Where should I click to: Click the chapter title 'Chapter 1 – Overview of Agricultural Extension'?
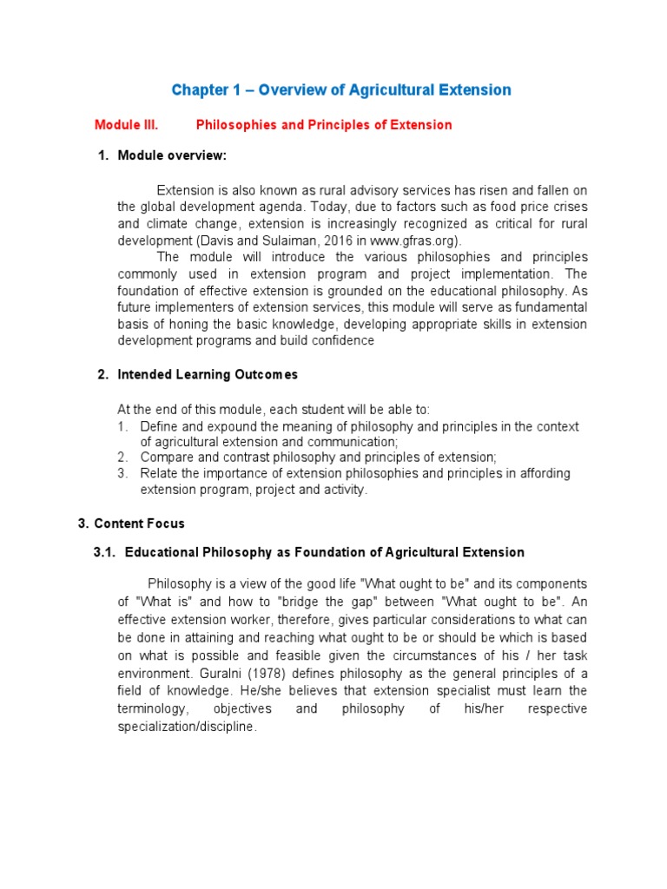coord(341,90)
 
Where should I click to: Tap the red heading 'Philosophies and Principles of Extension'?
coord(324,125)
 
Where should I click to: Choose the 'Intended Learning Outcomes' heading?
coord(208,374)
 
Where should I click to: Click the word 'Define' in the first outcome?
coord(159,427)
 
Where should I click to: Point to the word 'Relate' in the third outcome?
coord(159,474)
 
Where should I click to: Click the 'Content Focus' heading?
coord(139,524)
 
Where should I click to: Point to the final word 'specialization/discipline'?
coord(187,727)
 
